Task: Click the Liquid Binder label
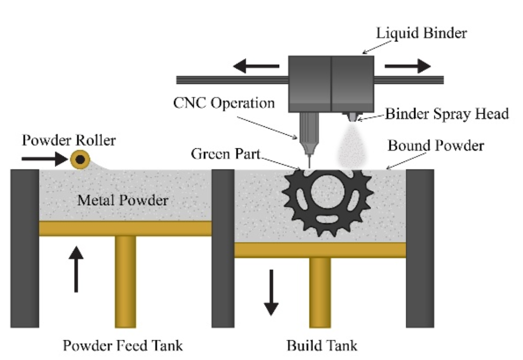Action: pos(422,33)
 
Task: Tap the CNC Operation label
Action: pos(224,103)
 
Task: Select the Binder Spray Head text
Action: pos(447,114)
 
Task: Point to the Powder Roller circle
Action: pos(80,160)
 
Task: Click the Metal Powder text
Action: pos(122,200)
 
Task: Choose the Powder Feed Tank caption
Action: pos(123,346)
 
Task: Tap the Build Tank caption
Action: pos(322,346)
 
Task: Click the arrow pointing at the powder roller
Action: pos(45,160)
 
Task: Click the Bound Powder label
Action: pos(435,146)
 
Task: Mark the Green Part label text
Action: pos(226,153)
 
